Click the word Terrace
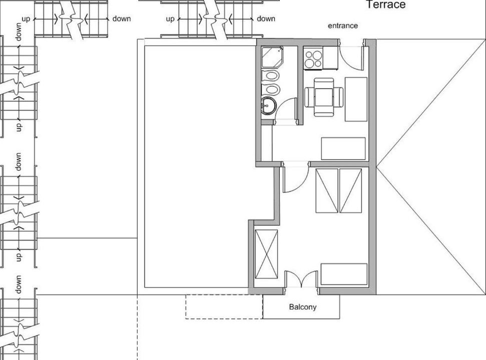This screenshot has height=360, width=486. click(x=386, y=4)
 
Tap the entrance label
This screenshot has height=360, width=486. click(x=343, y=25)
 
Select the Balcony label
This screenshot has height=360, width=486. click(x=303, y=307)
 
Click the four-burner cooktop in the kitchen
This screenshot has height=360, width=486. click(x=313, y=58)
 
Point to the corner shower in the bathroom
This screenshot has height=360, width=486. click(x=272, y=57)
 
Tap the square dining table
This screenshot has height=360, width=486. click(x=324, y=97)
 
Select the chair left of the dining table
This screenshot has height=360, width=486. click(x=310, y=97)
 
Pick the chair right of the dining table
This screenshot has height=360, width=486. click(x=338, y=97)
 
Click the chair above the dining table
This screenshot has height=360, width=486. click(x=324, y=83)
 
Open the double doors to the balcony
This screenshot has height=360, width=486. click(x=301, y=279)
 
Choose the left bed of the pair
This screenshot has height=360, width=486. click(x=327, y=190)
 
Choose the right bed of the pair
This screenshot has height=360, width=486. click(x=350, y=190)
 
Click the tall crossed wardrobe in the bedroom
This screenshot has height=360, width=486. click(x=266, y=254)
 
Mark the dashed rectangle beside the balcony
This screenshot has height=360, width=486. click(x=224, y=307)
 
